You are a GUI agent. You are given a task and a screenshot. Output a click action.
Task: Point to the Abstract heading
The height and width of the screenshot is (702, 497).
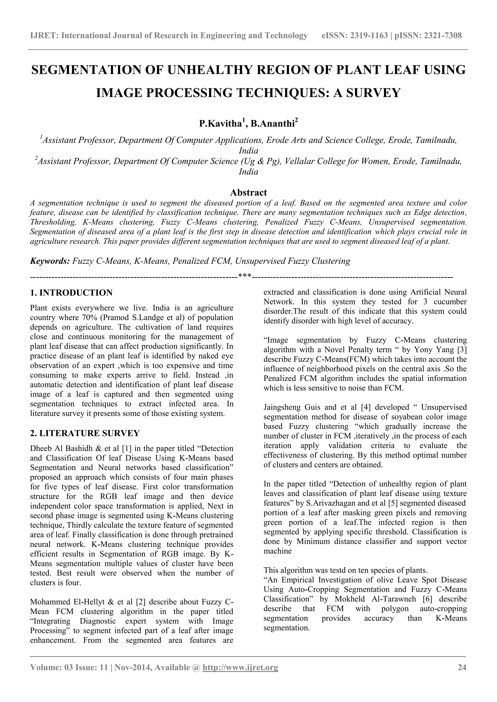[248, 192]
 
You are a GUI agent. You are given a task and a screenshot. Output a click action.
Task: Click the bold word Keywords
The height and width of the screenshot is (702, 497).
[50, 261]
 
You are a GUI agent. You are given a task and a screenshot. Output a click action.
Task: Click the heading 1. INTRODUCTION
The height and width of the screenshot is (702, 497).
[71, 293]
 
